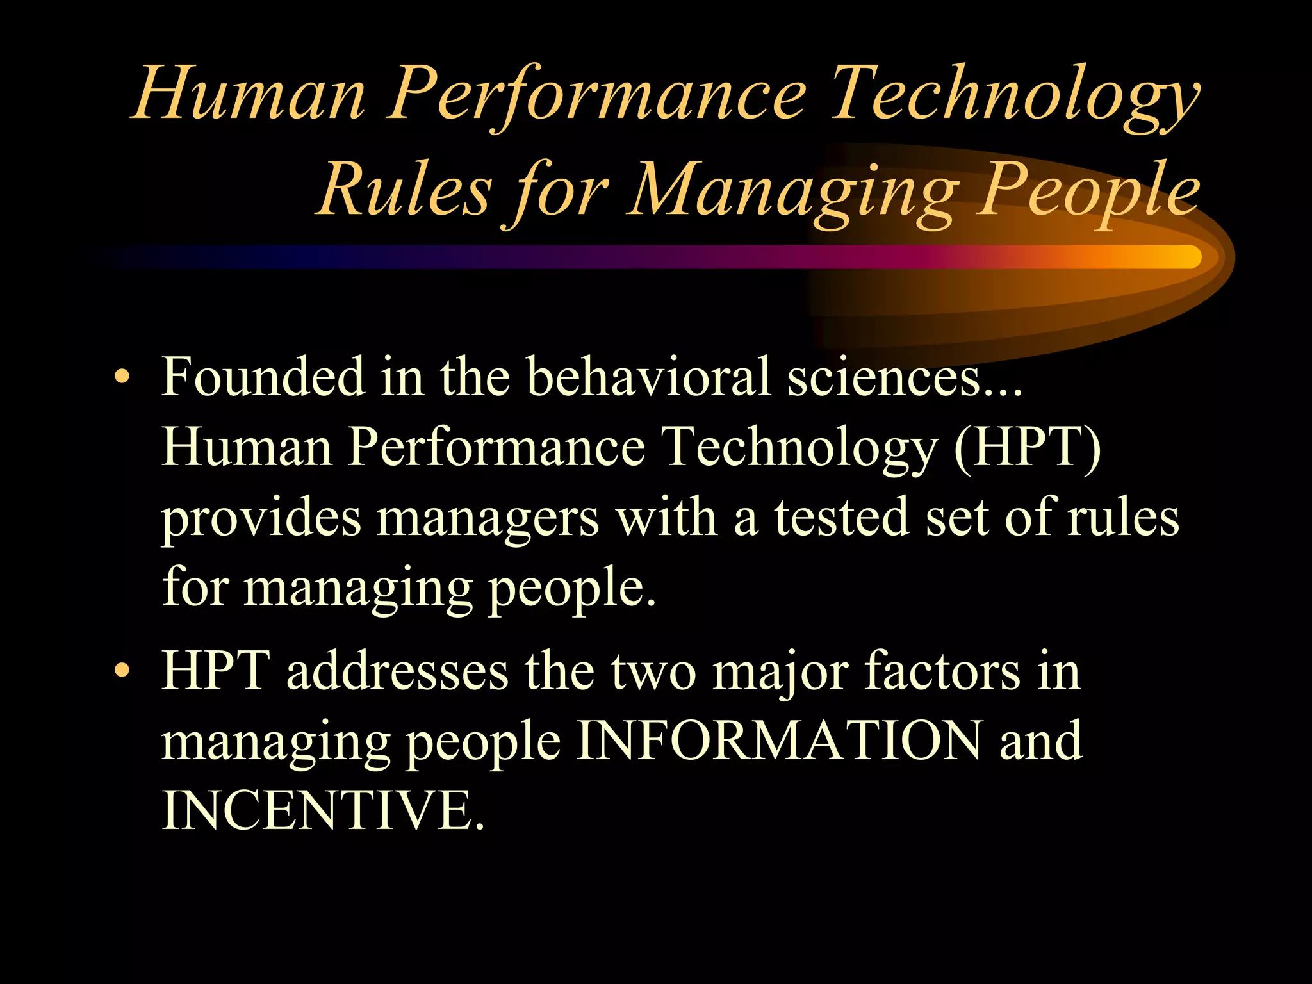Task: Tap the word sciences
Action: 884,378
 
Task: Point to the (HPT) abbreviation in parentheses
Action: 1028,447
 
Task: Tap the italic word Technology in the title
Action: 1015,94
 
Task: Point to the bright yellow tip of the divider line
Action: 1185,257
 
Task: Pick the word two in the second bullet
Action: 653,673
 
